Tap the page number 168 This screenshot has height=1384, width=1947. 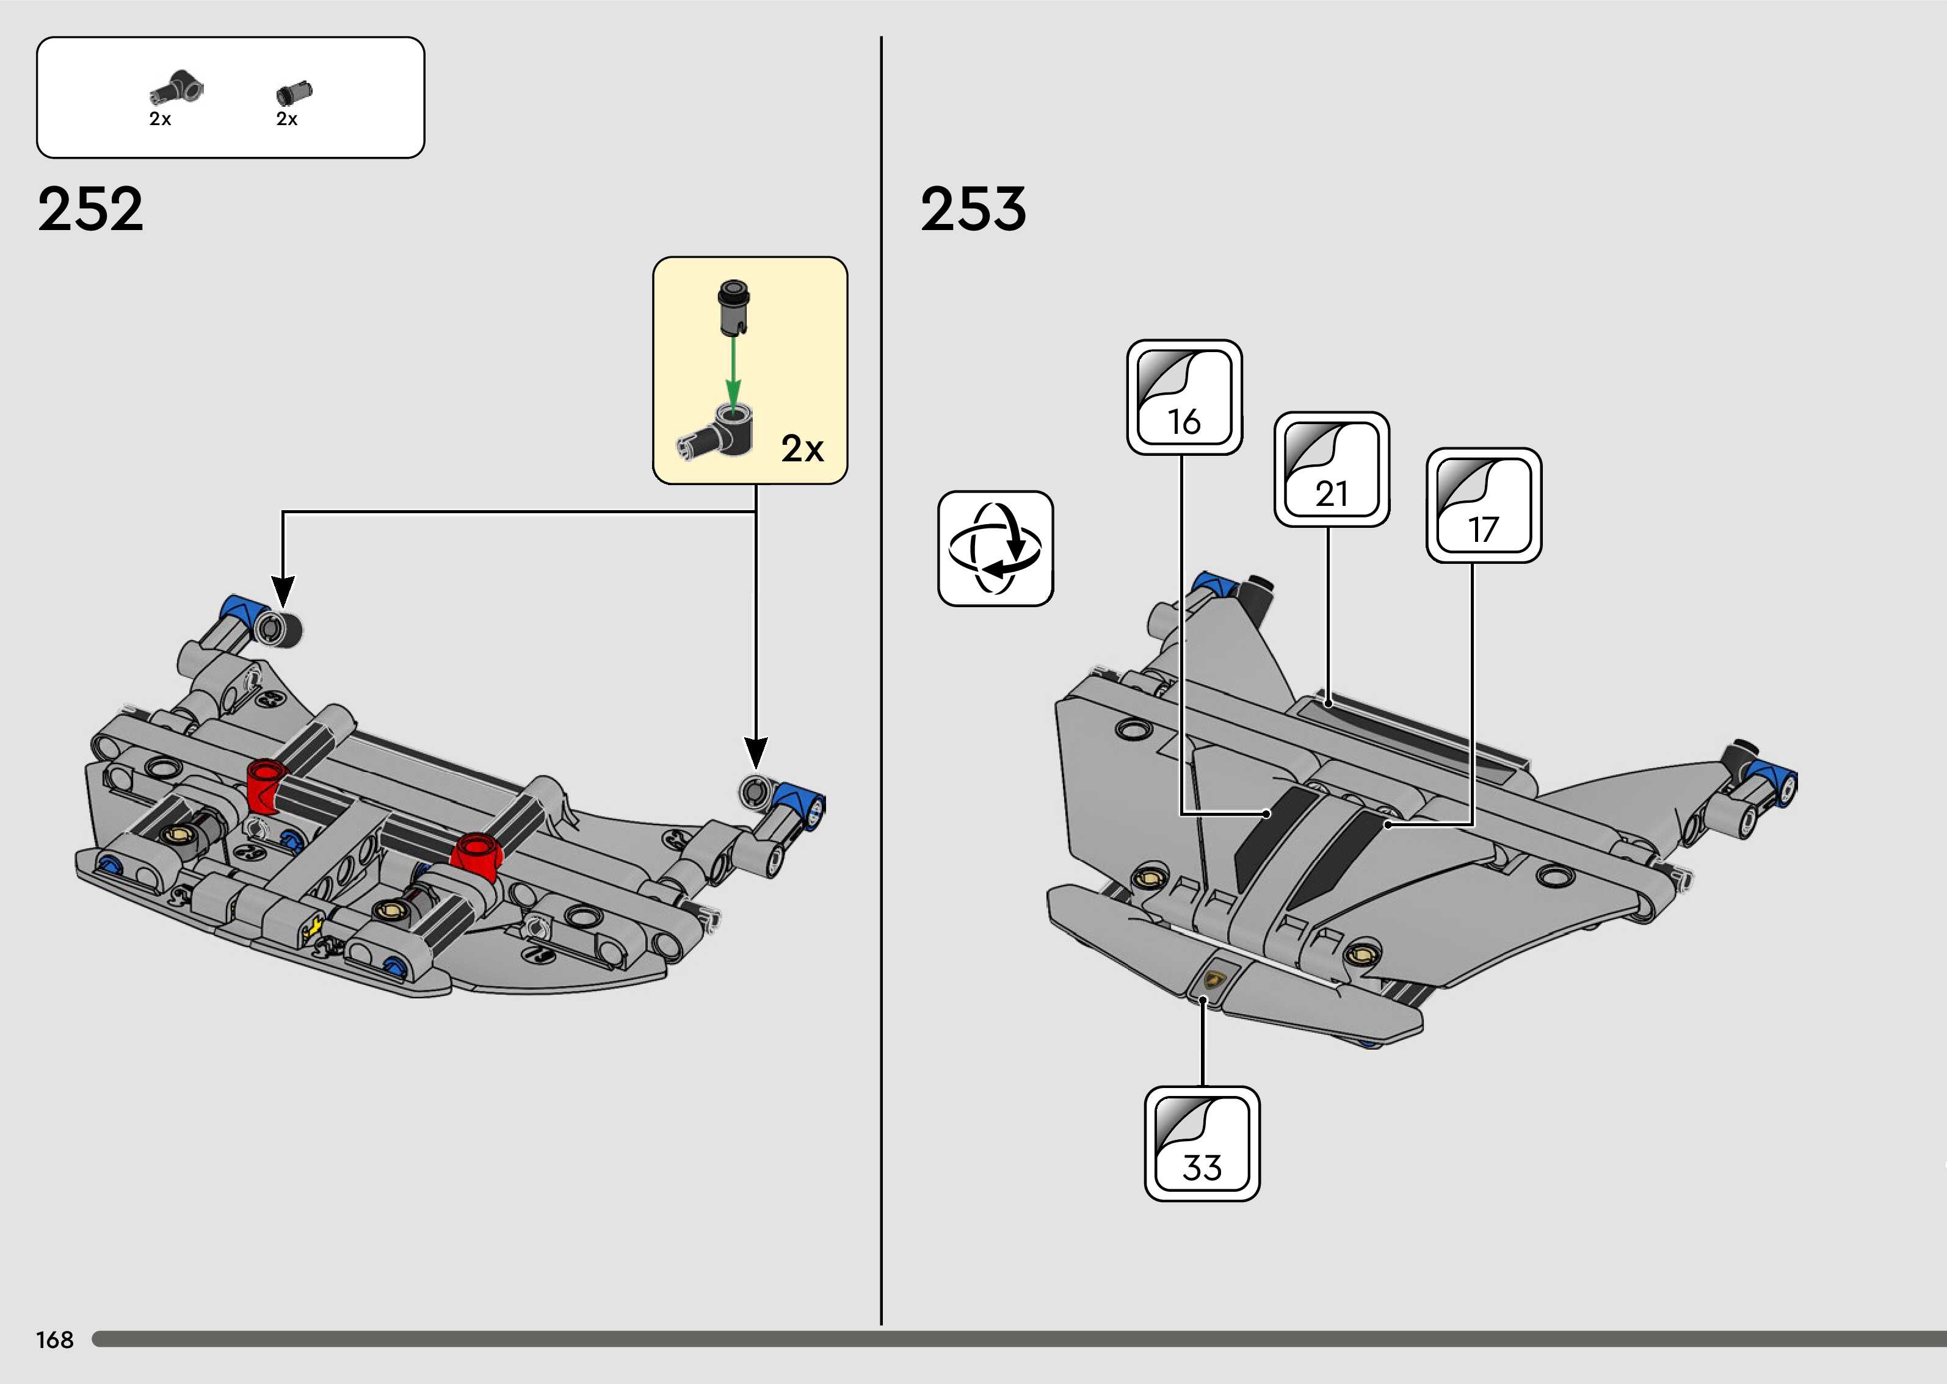tap(54, 1339)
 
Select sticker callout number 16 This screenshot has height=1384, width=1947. tap(1184, 397)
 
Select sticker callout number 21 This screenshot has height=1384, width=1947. tap(1332, 470)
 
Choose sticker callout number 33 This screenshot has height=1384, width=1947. tap(1202, 1144)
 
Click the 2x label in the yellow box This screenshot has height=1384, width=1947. tap(802, 449)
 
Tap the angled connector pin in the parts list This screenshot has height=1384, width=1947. tap(176, 88)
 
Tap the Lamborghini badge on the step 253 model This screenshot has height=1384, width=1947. tap(1214, 979)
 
